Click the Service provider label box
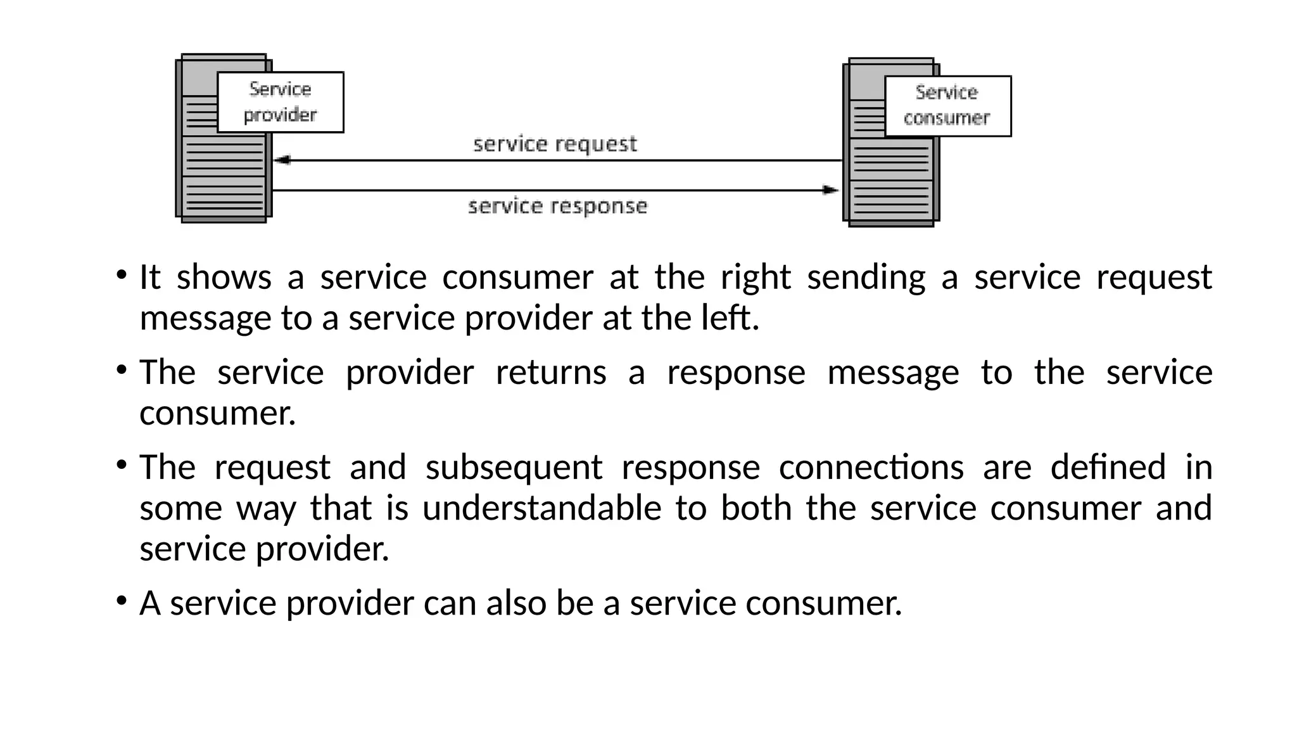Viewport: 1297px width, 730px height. point(280,102)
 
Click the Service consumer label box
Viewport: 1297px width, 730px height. point(947,106)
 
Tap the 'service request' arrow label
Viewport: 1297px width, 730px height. point(555,144)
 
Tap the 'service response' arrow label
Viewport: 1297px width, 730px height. point(557,207)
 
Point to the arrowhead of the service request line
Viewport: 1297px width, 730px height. point(281,160)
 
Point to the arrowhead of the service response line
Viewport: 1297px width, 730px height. point(830,190)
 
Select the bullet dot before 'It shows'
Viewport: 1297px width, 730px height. point(120,276)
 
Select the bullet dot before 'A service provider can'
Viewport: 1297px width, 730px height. point(120,601)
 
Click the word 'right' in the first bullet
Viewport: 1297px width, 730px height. point(756,278)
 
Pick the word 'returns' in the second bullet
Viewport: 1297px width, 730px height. point(550,372)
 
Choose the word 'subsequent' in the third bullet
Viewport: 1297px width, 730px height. point(514,468)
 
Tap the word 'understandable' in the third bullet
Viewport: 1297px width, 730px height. point(541,508)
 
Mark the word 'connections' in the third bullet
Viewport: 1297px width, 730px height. point(871,468)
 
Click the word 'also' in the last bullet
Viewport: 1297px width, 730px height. point(516,603)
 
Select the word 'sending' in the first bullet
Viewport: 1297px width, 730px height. point(866,278)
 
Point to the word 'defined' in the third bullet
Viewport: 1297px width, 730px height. point(1108,468)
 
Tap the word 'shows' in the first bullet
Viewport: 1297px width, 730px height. point(224,278)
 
